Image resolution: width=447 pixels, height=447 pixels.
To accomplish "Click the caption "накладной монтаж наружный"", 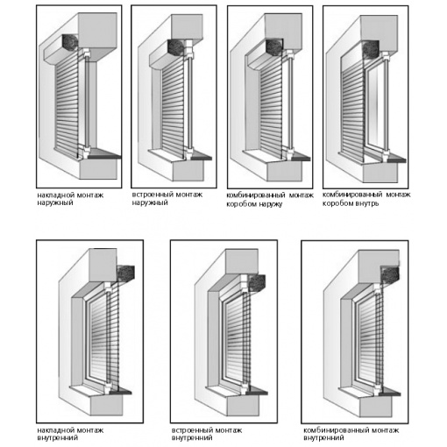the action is pyautogui.click(x=70, y=199).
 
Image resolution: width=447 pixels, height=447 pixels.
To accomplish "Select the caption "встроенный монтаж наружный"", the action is pyautogui.click(x=167, y=198).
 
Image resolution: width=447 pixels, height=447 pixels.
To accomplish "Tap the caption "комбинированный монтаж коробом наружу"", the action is pyautogui.click(x=270, y=199).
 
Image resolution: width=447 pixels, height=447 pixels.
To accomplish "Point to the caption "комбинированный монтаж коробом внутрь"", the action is pyautogui.click(x=366, y=199).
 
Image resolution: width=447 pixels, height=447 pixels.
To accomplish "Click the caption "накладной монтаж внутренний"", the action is pyautogui.click(x=70, y=434).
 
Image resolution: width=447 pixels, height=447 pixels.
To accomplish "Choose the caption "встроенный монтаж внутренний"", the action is pyautogui.click(x=207, y=434).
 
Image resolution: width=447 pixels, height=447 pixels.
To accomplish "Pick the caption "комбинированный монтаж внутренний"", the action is pyautogui.click(x=351, y=434).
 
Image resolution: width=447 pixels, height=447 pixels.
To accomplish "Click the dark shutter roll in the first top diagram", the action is pyautogui.click(x=70, y=42).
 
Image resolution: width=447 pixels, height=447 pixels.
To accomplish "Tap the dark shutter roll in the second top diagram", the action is pyautogui.click(x=175, y=47).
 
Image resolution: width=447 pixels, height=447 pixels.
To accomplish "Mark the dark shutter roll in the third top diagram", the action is pyautogui.click(x=274, y=47).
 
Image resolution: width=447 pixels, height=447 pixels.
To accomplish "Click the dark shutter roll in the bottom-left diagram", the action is pyautogui.click(x=125, y=273).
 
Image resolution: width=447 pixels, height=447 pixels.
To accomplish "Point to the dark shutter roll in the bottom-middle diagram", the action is pyautogui.click(x=257, y=282).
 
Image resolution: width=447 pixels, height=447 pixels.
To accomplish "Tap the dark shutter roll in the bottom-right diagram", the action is pyautogui.click(x=390, y=275).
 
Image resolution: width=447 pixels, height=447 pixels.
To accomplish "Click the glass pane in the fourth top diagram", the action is pyautogui.click(x=376, y=109).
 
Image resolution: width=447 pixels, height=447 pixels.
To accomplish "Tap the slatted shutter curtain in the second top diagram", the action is pyautogui.click(x=173, y=109).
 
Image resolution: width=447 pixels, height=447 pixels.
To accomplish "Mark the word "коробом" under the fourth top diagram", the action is pyautogui.click(x=336, y=203).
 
